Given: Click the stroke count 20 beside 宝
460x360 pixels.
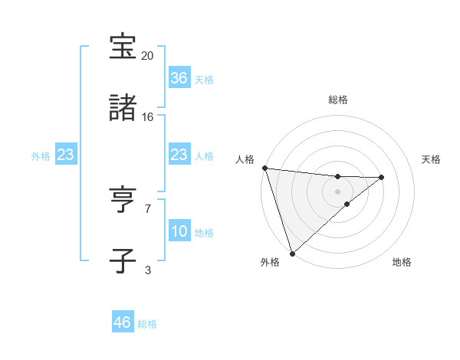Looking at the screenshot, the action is (x=148, y=56).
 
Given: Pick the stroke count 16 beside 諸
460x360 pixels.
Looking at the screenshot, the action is (x=148, y=117).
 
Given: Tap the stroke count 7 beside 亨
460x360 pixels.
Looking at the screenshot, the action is (x=148, y=208).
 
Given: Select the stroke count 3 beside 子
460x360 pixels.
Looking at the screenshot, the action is (x=148, y=270).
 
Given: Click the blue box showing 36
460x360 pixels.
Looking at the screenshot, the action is (x=179, y=78).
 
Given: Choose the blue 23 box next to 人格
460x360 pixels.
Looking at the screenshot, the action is (x=179, y=155).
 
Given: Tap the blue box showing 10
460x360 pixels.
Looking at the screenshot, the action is (x=179, y=231).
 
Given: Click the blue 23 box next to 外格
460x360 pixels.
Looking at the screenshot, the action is (x=65, y=155).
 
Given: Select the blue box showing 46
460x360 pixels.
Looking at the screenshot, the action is (x=122, y=322).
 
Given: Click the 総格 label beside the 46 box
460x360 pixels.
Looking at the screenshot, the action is (x=148, y=324).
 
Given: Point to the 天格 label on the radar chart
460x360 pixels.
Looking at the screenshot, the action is (x=431, y=159).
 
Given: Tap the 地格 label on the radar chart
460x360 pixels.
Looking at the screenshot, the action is (x=402, y=262).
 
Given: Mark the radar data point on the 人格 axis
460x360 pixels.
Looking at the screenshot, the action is (x=264, y=168).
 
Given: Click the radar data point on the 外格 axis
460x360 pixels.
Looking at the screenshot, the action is (x=292, y=253).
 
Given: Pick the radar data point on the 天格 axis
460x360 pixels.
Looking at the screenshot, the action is (x=382, y=177).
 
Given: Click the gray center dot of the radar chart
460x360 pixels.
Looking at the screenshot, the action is (x=337, y=191).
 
